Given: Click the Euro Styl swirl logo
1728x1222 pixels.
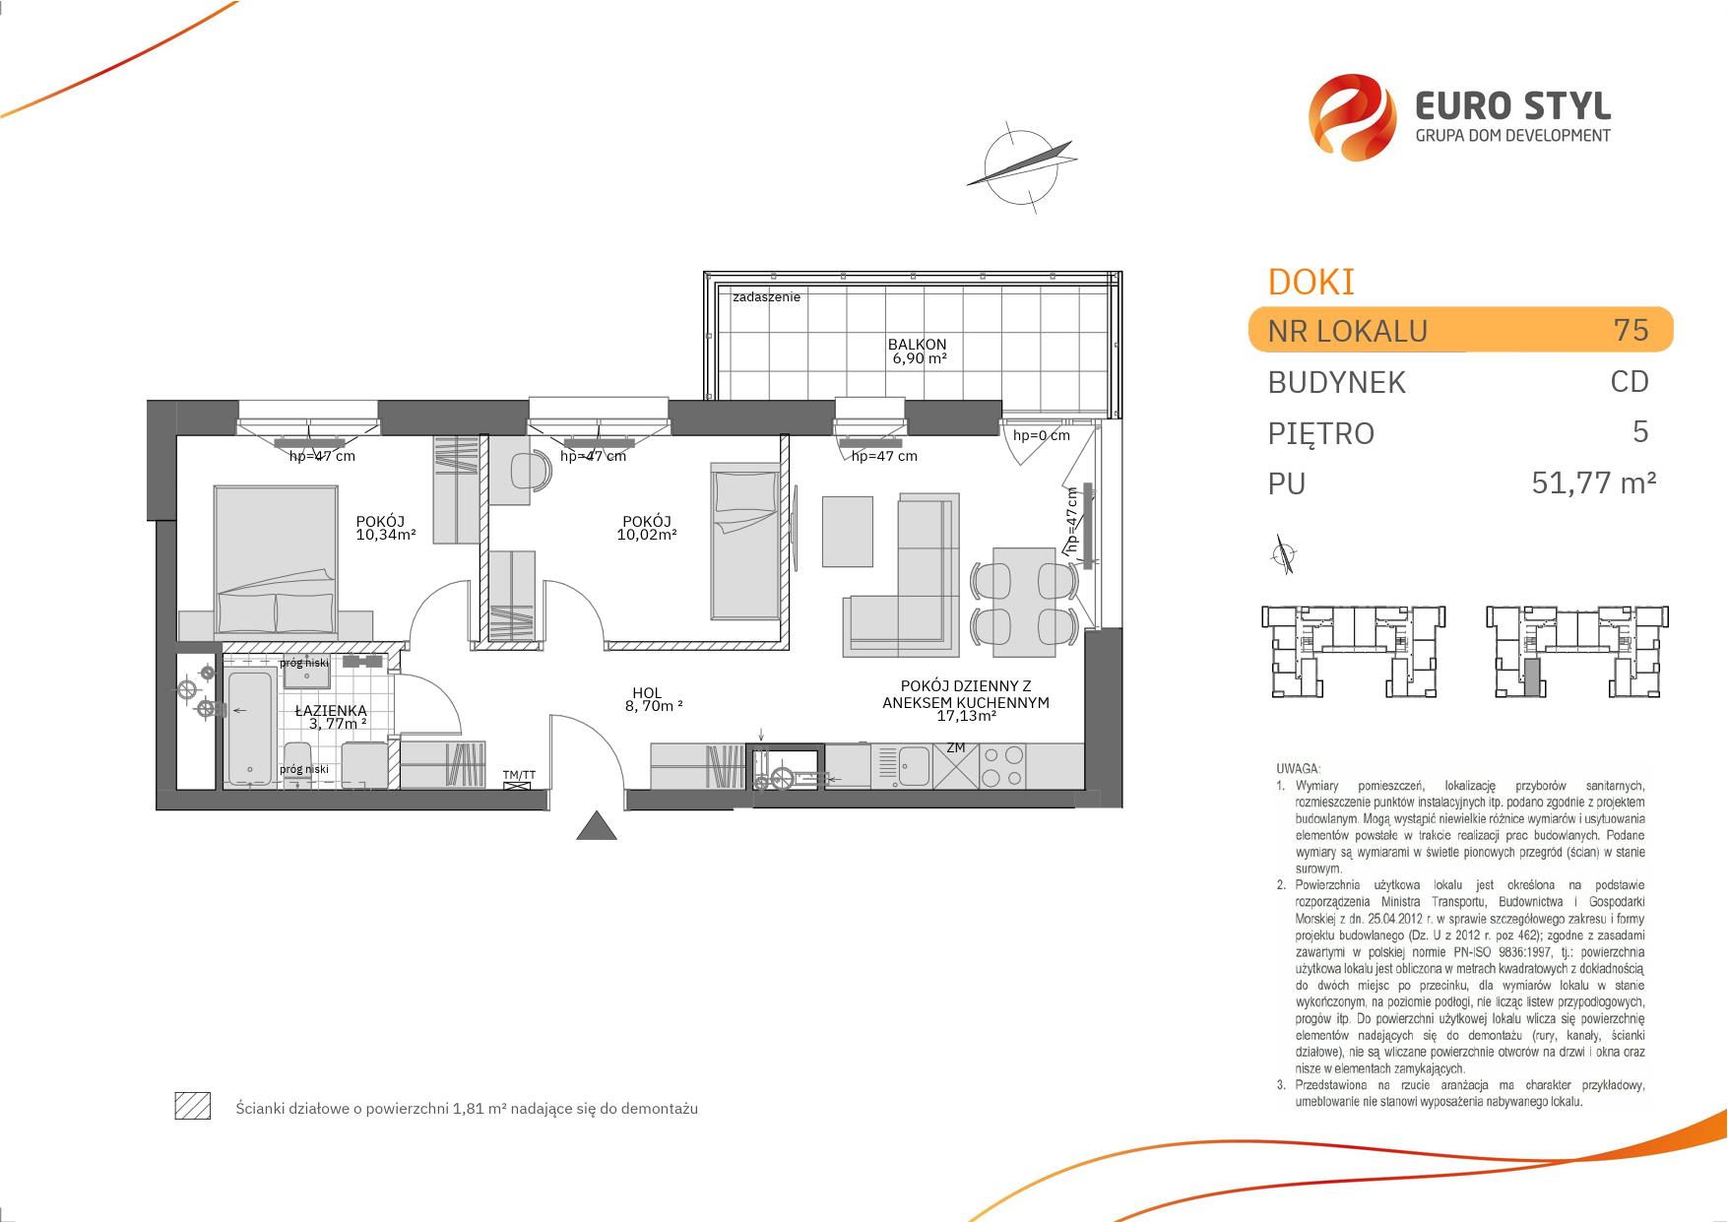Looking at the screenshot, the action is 1352,117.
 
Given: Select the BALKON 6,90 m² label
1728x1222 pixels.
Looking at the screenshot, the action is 917,352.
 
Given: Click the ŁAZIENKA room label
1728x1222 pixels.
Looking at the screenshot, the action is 332,710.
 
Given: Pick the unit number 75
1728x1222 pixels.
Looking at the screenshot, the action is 1631,329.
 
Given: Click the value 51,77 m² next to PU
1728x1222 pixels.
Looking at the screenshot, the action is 1594,482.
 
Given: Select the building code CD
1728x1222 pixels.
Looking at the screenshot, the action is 1630,381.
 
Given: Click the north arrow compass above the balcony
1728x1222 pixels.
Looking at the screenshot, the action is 1020,164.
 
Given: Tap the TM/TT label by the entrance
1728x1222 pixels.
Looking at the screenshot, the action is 519,775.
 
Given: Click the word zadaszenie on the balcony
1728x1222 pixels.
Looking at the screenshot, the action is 766,296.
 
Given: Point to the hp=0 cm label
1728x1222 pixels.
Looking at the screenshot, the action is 1041,435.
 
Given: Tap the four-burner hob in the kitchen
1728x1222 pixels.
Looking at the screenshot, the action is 1003,765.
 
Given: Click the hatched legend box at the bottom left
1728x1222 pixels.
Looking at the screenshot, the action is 192,1107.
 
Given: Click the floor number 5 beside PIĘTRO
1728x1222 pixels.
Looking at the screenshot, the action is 1639,431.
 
